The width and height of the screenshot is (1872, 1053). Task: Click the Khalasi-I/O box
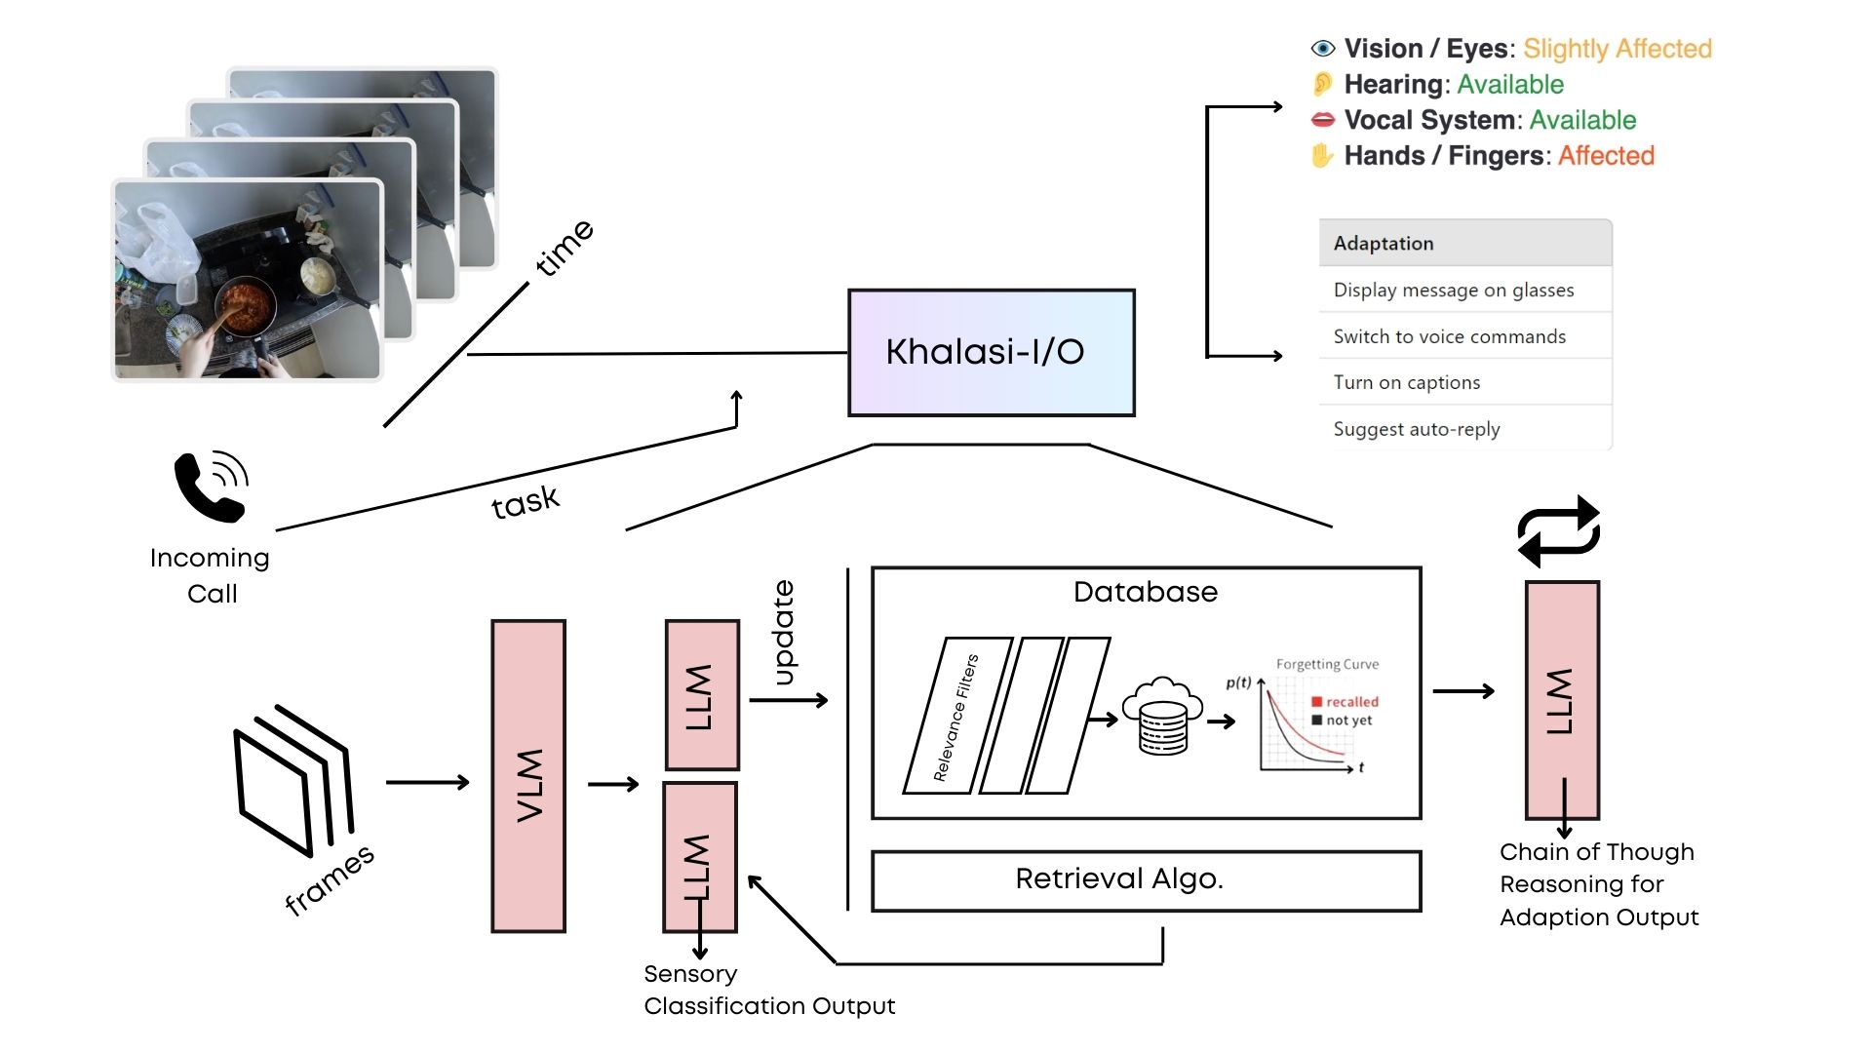[991, 353]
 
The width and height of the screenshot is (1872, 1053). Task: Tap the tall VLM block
[528, 776]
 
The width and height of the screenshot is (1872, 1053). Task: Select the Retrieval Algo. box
[1146, 880]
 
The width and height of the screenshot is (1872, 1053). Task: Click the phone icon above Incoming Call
[211, 486]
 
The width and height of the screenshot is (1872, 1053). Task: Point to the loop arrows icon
[1558, 531]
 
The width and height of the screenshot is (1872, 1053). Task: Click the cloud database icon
[1162, 716]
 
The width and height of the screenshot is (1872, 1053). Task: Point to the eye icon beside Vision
[1322, 49]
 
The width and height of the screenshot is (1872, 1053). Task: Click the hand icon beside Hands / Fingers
[1322, 156]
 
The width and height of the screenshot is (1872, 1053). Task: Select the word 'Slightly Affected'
[1617, 49]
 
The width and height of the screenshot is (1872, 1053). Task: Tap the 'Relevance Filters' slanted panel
[955, 718]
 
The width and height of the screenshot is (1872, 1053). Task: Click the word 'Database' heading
[1146, 592]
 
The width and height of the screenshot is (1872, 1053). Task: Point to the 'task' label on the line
[526, 502]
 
